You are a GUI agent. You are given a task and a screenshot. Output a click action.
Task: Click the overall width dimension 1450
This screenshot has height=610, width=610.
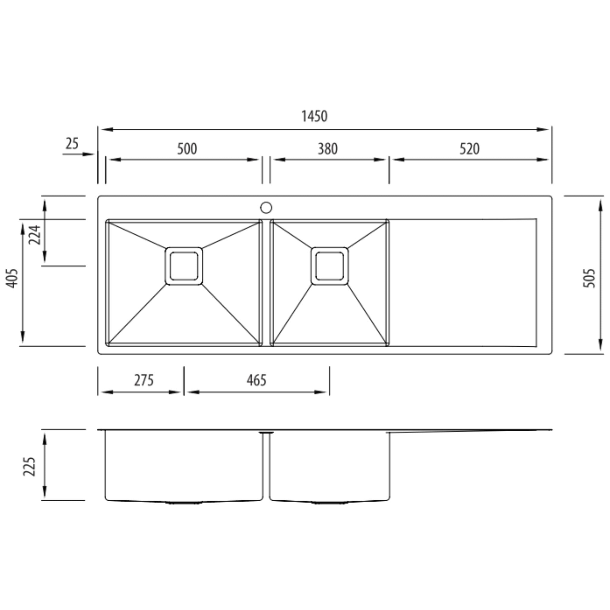(314, 116)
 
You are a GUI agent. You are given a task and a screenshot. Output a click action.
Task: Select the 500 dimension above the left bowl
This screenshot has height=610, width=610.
(187, 149)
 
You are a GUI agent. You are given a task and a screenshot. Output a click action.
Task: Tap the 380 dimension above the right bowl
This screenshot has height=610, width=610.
(327, 149)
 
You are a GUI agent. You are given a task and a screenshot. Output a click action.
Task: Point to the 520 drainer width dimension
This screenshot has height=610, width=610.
(469, 149)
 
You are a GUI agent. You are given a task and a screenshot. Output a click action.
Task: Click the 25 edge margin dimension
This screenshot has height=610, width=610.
(72, 144)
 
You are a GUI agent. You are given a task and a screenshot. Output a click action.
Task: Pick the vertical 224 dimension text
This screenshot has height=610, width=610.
(35, 235)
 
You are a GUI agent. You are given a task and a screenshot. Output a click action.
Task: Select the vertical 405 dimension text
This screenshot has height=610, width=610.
(12, 278)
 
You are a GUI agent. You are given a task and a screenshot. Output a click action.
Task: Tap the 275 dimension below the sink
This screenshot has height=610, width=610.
(144, 380)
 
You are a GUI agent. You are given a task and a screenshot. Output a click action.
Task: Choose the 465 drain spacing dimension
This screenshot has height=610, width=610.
(256, 380)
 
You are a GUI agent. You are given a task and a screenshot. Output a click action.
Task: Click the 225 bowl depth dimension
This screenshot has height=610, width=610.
(29, 466)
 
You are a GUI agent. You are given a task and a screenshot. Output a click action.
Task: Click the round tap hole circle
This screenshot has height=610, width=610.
(266, 207)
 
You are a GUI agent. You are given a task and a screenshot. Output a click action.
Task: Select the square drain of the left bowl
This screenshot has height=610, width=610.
(184, 266)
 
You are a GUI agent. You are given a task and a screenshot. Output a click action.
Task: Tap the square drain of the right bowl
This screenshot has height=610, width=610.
(330, 266)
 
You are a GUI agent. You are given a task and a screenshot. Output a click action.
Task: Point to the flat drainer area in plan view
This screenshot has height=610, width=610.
(463, 283)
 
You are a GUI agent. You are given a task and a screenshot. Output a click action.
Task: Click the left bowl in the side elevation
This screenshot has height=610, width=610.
(184, 466)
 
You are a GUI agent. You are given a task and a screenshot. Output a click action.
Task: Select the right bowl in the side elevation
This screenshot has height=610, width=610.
(330, 466)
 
